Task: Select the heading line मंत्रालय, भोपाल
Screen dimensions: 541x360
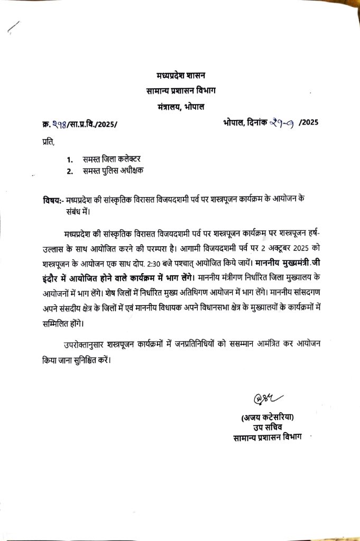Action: click(x=180, y=107)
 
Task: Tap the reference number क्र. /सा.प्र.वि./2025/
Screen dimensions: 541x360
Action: click(x=80, y=125)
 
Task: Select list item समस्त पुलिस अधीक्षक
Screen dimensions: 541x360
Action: click(x=113, y=171)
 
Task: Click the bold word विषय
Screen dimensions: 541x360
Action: click(x=53, y=200)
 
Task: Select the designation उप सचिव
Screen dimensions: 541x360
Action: click(x=266, y=428)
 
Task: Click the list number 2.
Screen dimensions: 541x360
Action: click(x=69, y=171)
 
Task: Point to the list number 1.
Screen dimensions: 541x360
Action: click(x=69, y=158)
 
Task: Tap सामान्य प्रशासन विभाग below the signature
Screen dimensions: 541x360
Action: click(x=266, y=438)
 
